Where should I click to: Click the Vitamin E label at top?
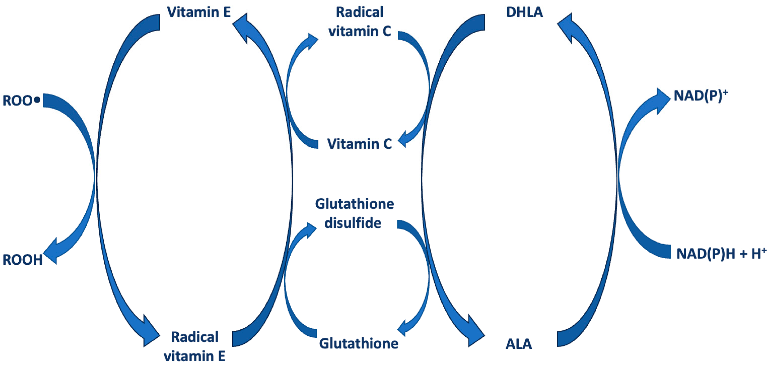(x=199, y=12)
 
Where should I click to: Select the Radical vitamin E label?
(x=195, y=346)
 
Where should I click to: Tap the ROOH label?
(x=22, y=260)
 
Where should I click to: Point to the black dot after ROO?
(x=37, y=100)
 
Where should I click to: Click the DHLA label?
(x=524, y=12)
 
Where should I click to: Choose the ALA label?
(x=518, y=344)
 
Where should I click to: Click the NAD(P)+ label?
(x=700, y=96)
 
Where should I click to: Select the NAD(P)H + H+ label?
(x=721, y=254)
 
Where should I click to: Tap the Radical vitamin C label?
(x=360, y=22)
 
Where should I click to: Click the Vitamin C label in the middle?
(x=360, y=144)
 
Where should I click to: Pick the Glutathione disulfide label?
(x=354, y=214)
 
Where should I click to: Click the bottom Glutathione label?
(x=359, y=343)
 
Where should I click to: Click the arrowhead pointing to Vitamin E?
(x=242, y=27)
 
